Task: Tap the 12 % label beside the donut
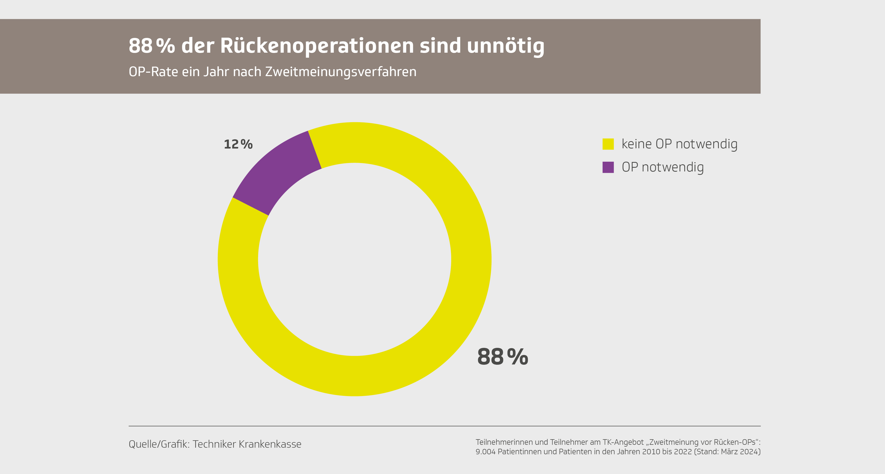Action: [x=238, y=144]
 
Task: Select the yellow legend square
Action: [x=608, y=144]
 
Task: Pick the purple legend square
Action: [x=608, y=167]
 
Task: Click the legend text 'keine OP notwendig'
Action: [x=679, y=144]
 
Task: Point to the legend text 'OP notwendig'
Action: [x=662, y=167]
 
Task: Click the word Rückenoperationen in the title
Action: [x=317, y=46]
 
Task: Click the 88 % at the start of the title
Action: [x=151, y=46]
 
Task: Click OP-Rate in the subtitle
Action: [x=153, y=72]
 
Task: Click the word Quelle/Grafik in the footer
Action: [x=159, y=444]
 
